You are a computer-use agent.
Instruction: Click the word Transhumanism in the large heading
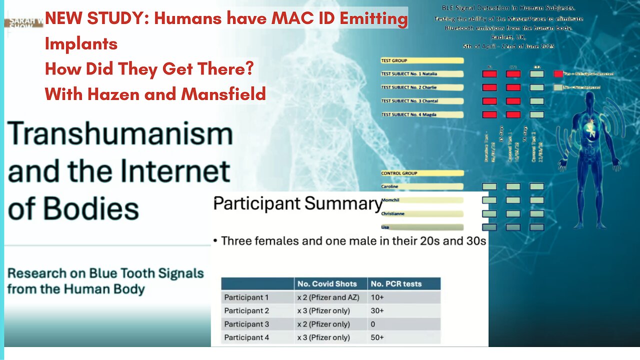[x=120, y=134]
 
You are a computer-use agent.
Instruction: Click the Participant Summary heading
[x=297, y=203]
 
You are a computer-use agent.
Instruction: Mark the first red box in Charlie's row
[x=489, y=87]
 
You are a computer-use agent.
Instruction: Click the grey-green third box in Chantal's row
[x=536, y=101]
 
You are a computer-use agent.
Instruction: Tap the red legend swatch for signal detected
[x=558, y=74]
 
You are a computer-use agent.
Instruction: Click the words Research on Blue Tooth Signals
[x=105, y=273]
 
